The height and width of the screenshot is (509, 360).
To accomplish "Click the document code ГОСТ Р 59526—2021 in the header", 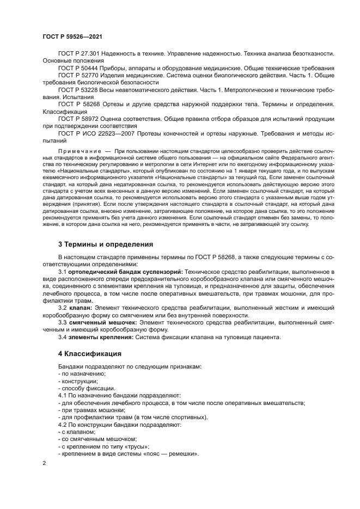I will [x=73, y=36].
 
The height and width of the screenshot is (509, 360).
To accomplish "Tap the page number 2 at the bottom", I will [x=44, y=463].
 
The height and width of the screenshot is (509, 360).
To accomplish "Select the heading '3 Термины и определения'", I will [x=98, y=243].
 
